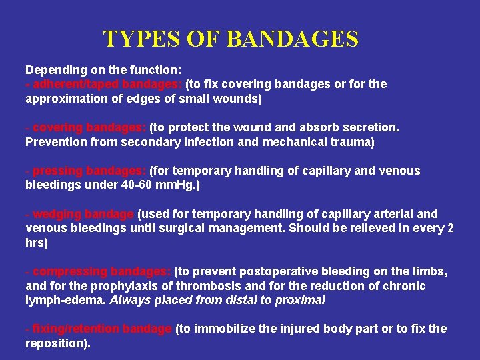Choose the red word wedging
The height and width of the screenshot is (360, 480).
[x=55, y=214]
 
